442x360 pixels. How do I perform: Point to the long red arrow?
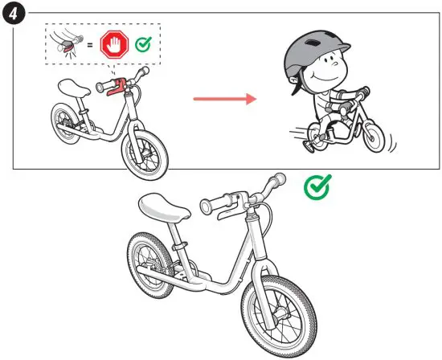click(x=223, y=99)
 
